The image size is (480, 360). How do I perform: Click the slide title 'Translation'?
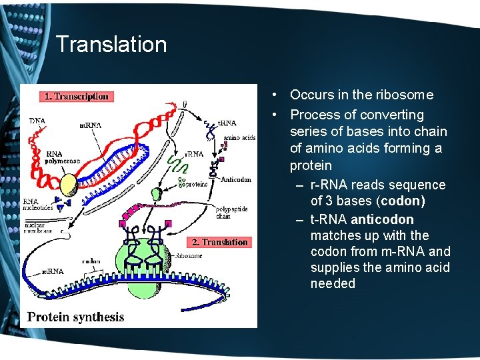pos(111,45)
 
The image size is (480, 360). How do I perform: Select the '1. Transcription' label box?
pos(76,97)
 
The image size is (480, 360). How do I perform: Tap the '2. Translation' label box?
pos(219,242)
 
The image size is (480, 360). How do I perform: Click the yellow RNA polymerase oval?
pos(69,183)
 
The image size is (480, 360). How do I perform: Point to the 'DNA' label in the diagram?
pos(38,121)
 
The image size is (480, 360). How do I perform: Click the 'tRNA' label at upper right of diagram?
pos(227,123)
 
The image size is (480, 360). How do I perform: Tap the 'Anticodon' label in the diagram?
pos(236,179)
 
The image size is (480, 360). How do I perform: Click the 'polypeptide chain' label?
pos(232,213)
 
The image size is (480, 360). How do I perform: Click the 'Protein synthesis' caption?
pos(75,317)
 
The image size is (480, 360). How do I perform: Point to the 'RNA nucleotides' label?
pos(39,204)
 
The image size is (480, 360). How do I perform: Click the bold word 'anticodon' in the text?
pos(382,219)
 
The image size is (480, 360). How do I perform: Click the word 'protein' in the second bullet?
pos(311,165)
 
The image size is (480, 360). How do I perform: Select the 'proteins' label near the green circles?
pos(197,183)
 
